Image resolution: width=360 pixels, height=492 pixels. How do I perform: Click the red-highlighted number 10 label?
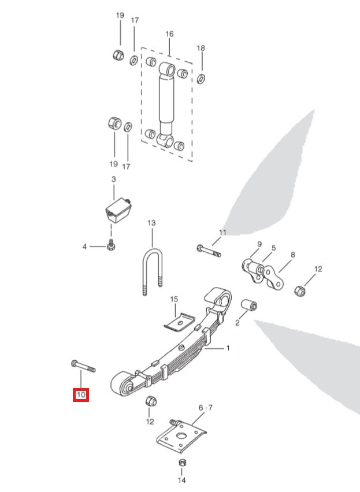(x=80, y=395)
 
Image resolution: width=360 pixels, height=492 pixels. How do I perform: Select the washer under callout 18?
(x=201, y=78)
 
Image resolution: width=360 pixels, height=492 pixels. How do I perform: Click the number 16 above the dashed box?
(x=169, y=34)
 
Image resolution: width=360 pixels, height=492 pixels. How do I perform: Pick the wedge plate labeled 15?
(x=179, y=321)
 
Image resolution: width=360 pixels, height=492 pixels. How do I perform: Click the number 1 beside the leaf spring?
(x=228, y=348)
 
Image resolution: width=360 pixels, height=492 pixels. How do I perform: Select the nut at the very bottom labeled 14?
(x=181, y=463)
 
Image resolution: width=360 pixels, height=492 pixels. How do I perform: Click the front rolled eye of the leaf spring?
(x=123, y=384)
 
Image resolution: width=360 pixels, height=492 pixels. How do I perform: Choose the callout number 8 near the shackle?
(x=292, y=255)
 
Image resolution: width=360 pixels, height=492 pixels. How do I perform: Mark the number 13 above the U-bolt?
(x=152, y=222)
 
